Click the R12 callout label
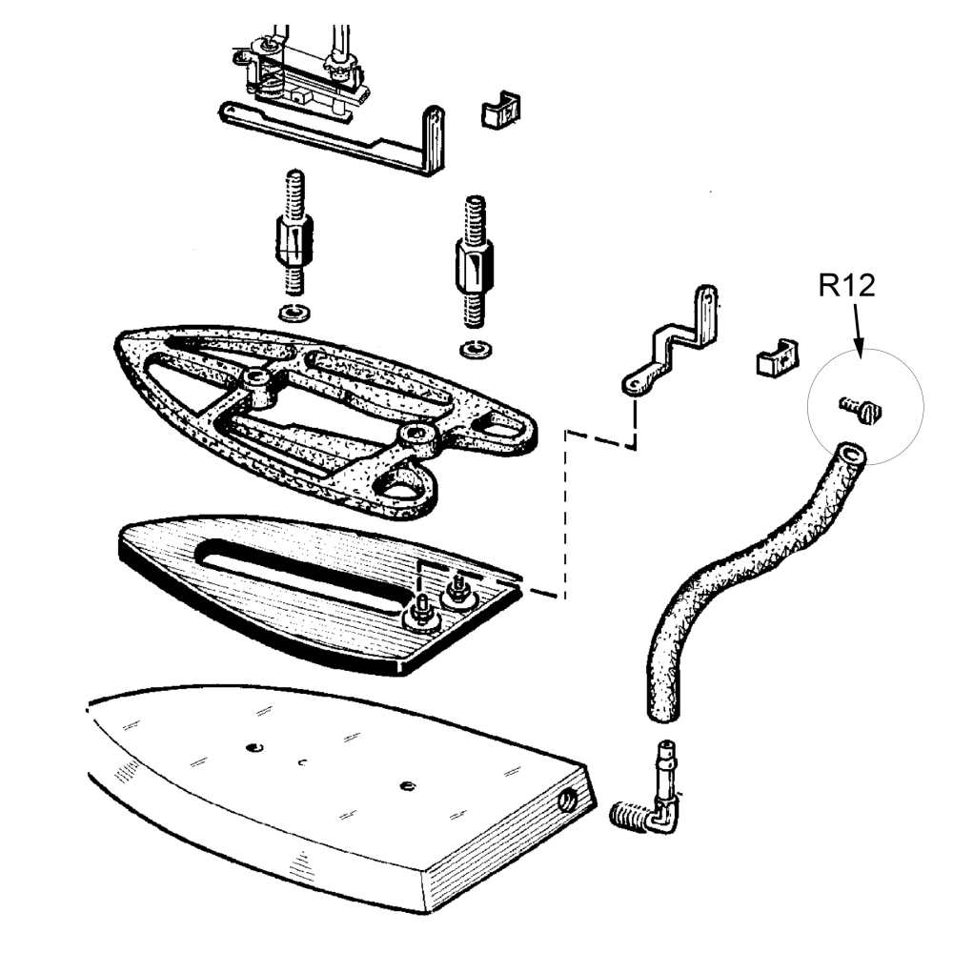tap(846, 285)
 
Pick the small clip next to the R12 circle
tap(778, 358)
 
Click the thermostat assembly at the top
tap(299, 73)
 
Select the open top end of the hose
tap(850, 455)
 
